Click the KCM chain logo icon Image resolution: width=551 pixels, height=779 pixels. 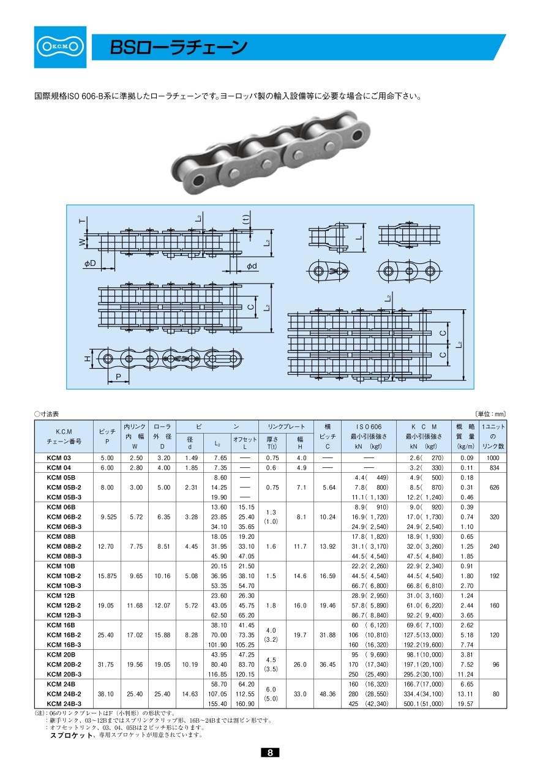click(x=60, y=47)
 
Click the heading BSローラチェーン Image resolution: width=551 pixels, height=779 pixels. click(x=178, y=48)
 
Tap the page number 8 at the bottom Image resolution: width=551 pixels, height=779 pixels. click(x=270, y=753)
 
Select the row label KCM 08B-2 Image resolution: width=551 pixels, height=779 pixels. click(x=64, y=546)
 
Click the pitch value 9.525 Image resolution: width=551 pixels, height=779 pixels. click(x=108, y=517)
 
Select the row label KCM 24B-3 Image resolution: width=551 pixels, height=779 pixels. click(x=64, y=704)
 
